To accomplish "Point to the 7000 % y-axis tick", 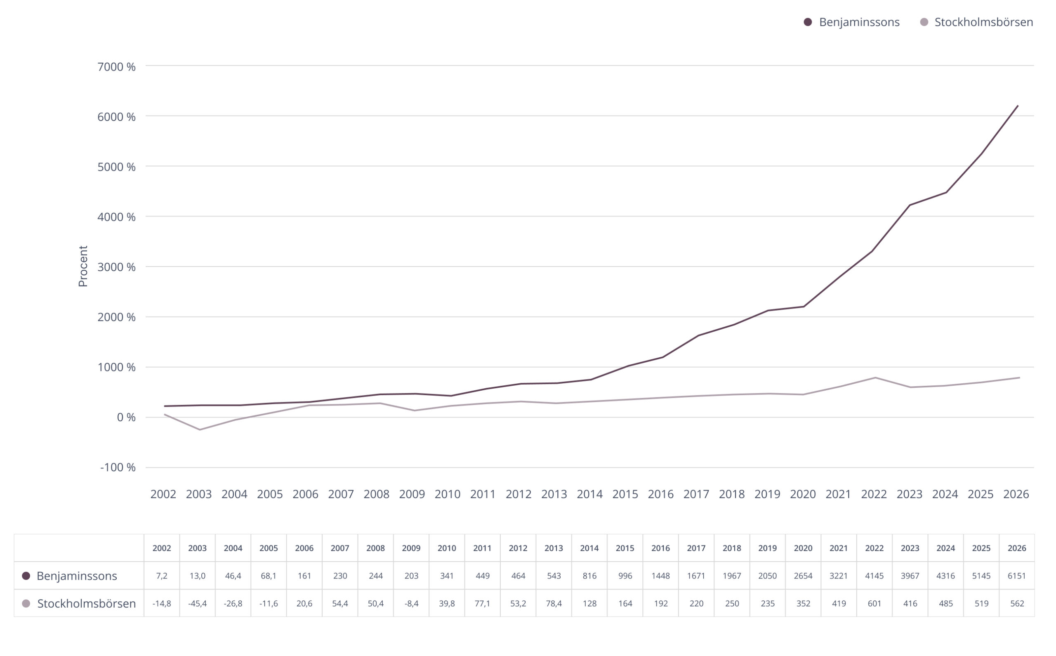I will coord(116,67).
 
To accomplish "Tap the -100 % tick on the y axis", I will coord(118,468).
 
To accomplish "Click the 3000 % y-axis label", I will coord(116,267).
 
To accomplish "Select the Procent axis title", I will coord(83,267).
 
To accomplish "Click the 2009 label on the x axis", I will coord(412,494).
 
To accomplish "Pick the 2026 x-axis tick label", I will coord(1016,494).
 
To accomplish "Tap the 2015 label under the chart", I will coord(625,494).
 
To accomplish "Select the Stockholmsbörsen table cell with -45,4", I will coord(197,604).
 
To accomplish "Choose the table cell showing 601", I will coord(874,604).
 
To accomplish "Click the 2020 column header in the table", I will coord(803,548).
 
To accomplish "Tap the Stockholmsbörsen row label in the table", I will coord(86,604).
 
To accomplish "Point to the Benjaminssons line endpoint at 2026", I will coord(1017,106).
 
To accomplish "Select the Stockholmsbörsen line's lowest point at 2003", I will coord(200,430).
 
